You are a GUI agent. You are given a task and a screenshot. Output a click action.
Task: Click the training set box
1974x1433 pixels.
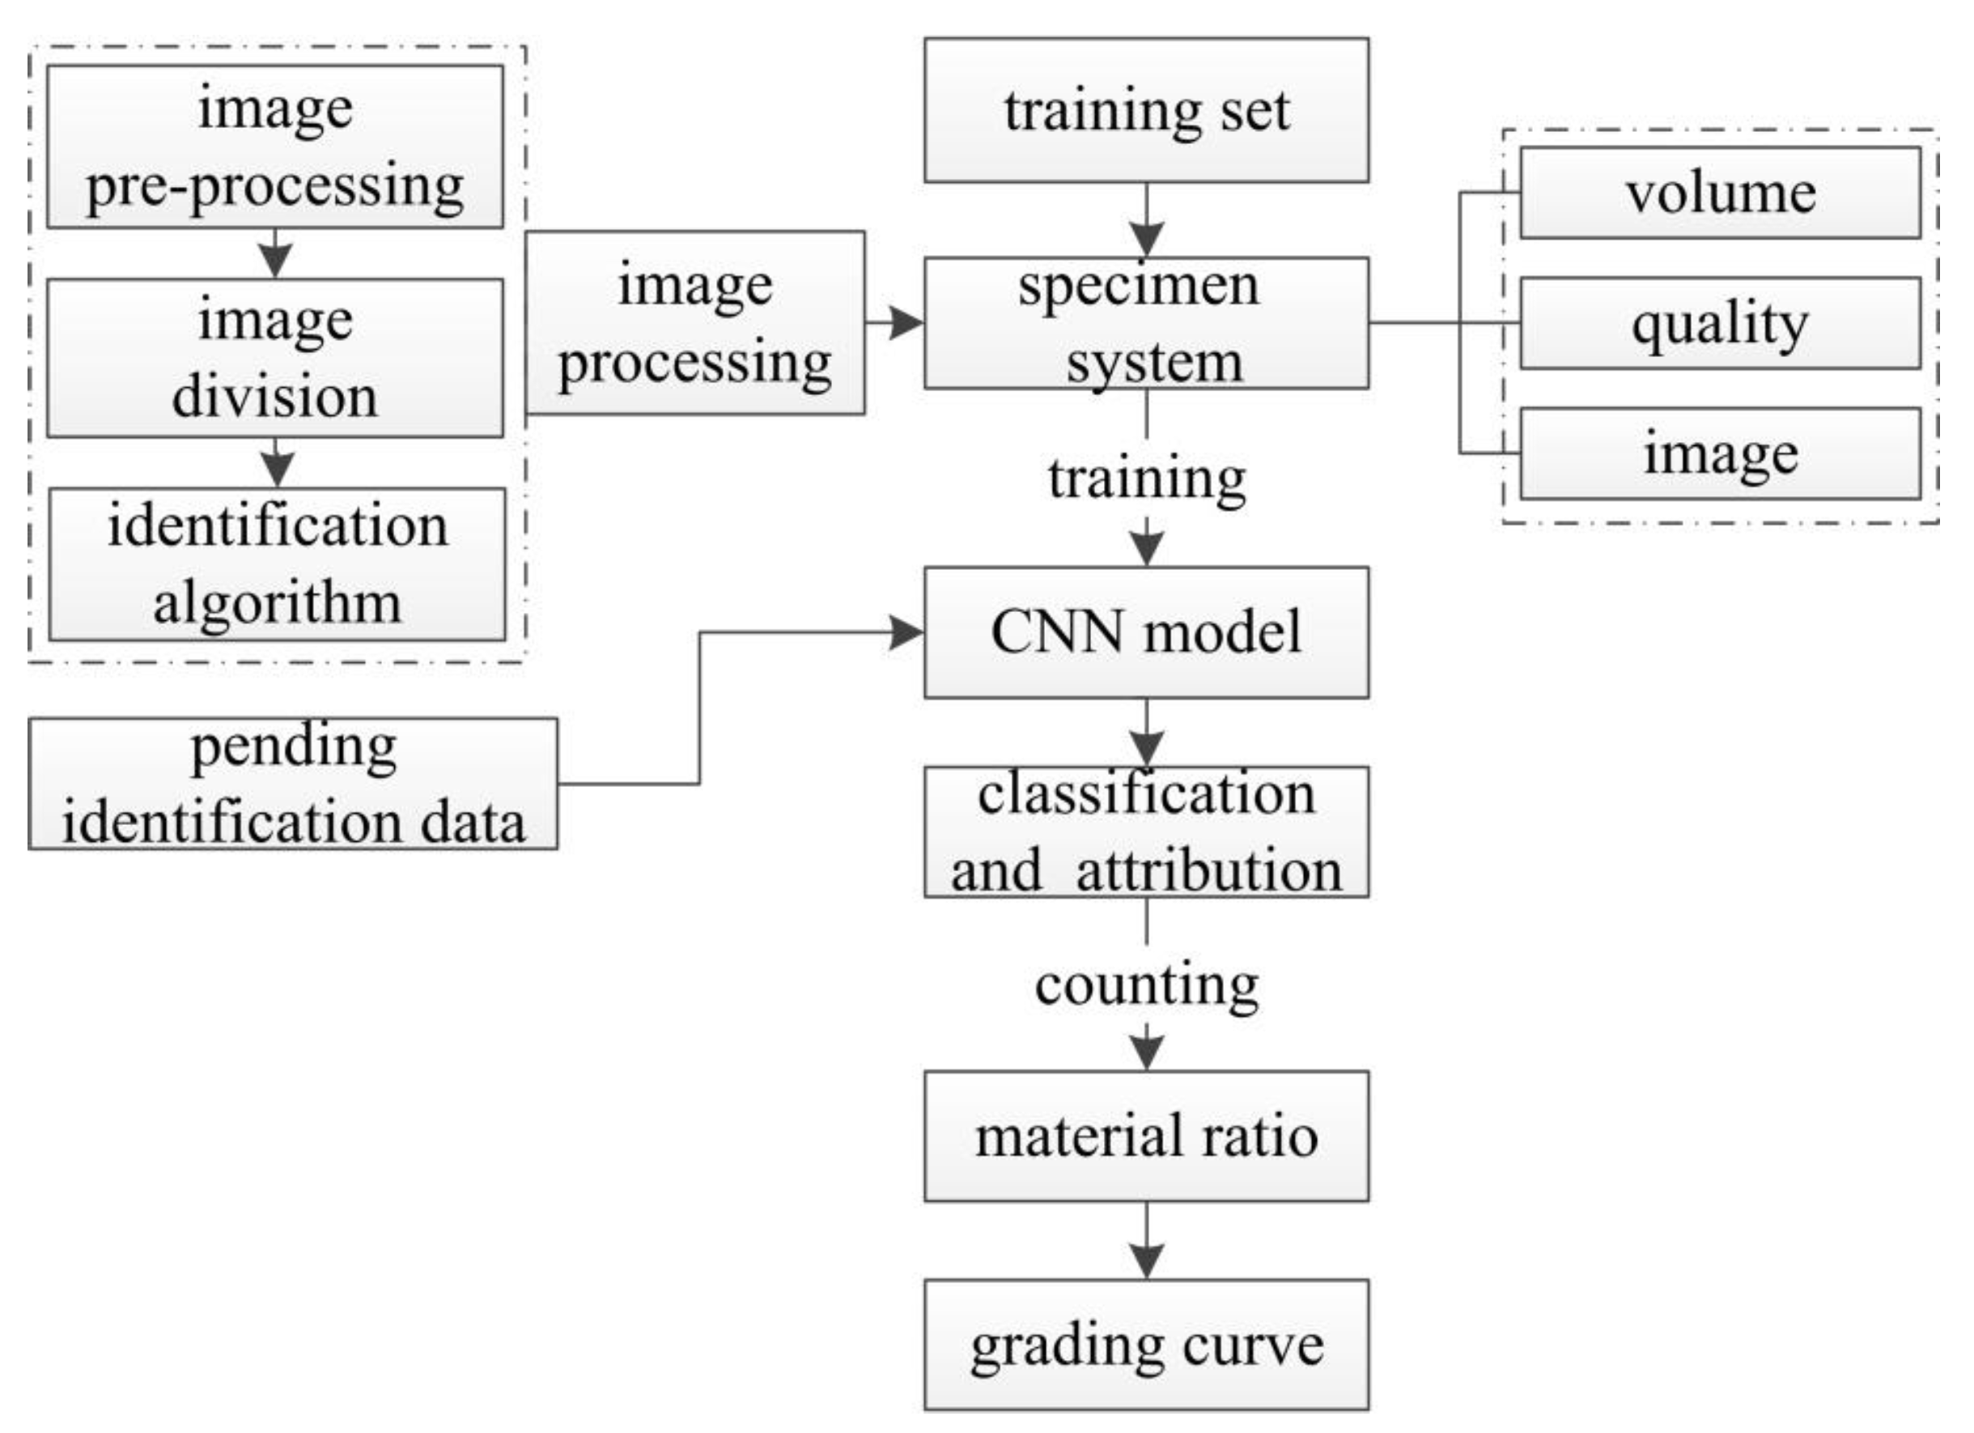[1145, 111]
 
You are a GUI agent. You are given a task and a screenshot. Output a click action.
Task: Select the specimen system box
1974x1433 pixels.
[1145, 323]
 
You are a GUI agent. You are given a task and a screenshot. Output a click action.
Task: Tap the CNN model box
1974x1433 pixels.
[1145, 632]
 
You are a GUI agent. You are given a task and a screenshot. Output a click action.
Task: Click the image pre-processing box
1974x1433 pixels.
[274, 147]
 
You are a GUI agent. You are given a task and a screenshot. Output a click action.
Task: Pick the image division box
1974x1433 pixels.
[274, 358]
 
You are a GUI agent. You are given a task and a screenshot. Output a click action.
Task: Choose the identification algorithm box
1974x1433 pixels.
[277, 564]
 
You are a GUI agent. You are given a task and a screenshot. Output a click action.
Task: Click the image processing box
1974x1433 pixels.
[694, 323]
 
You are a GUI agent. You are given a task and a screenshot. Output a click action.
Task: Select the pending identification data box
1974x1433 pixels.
[292, 784]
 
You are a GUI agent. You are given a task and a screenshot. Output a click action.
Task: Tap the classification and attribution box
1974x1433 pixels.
[1145, 832]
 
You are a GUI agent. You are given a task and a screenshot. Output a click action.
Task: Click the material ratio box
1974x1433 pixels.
[1145, 1136]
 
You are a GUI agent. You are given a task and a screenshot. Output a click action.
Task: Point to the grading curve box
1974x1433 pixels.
[1145, 1344]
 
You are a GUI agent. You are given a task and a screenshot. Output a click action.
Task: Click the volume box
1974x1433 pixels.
[1720, 193]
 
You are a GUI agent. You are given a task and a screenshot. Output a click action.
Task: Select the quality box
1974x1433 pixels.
[1720, 323]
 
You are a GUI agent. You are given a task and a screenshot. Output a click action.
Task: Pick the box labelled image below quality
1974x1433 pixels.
[1720, 453]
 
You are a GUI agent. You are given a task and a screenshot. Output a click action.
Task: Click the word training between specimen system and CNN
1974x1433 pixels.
[1145, 478]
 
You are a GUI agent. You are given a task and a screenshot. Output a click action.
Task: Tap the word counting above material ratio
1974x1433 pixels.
[1145, 984]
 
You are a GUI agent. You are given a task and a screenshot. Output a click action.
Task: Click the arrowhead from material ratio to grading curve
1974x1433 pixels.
[1145, 1260]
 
